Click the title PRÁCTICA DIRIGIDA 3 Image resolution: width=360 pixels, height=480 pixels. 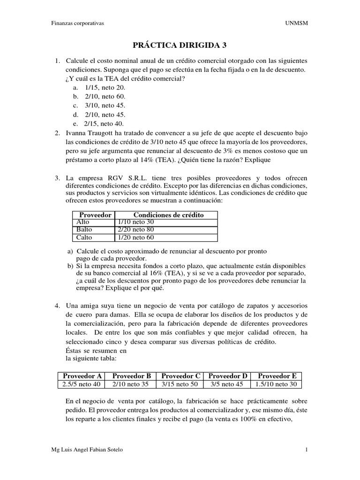[180, 45]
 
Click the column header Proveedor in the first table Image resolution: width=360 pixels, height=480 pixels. [92, 215]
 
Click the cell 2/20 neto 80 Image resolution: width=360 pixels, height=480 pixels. [135, 230]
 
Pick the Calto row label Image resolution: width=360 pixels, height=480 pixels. [82, 238]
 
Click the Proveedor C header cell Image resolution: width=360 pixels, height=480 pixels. [180, 376]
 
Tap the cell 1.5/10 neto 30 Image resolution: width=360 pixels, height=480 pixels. [277, 384]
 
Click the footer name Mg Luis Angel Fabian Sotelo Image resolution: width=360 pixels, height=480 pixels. [89, 450]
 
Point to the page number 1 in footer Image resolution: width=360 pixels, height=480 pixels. [306, 450]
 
